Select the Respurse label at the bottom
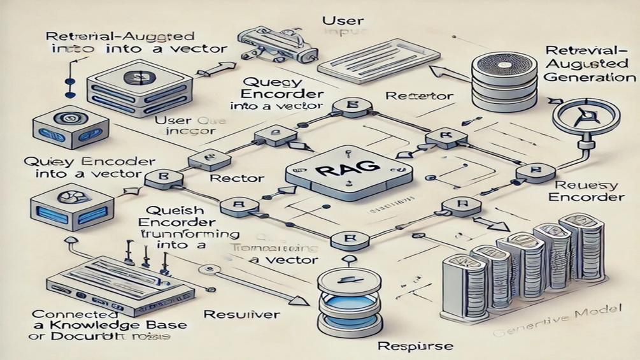pyautogui.click(x=406, y=347)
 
